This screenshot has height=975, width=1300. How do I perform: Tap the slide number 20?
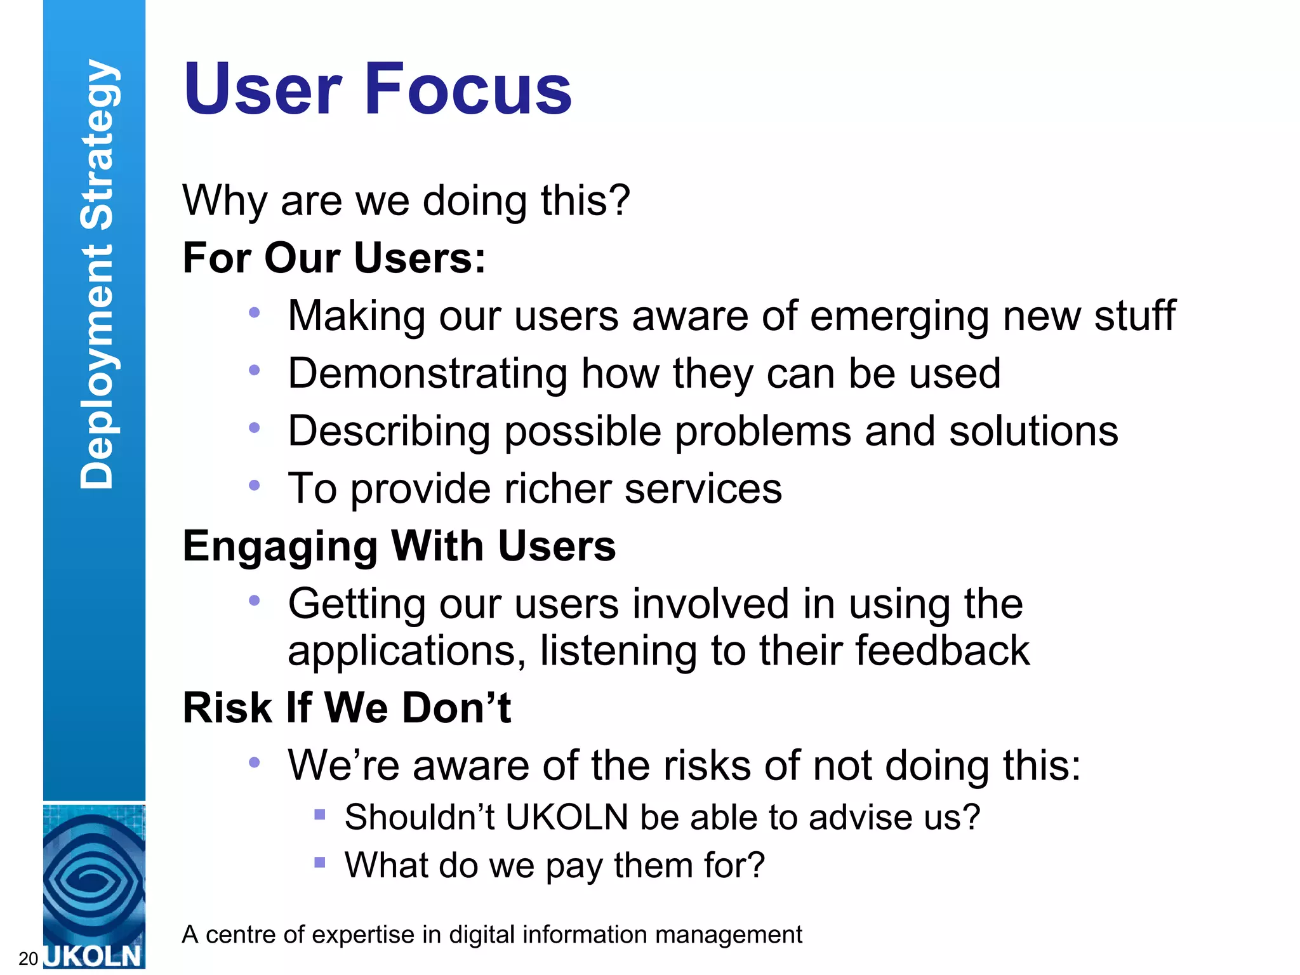(29, 958)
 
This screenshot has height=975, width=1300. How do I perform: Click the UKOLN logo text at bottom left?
(94, 956)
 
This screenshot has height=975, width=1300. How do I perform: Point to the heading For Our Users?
(334, 258)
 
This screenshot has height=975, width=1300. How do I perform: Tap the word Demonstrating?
(427, 373)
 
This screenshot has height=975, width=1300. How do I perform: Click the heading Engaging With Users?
(399, 547)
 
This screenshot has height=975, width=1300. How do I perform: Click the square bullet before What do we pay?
(320, 863)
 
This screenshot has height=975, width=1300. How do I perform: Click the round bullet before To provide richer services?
(255, 486)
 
